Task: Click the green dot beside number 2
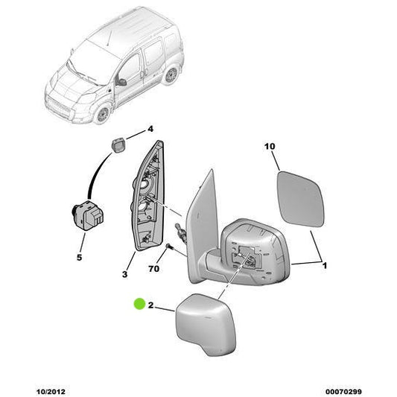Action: coord(139,304)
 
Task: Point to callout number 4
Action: coord(150,129)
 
